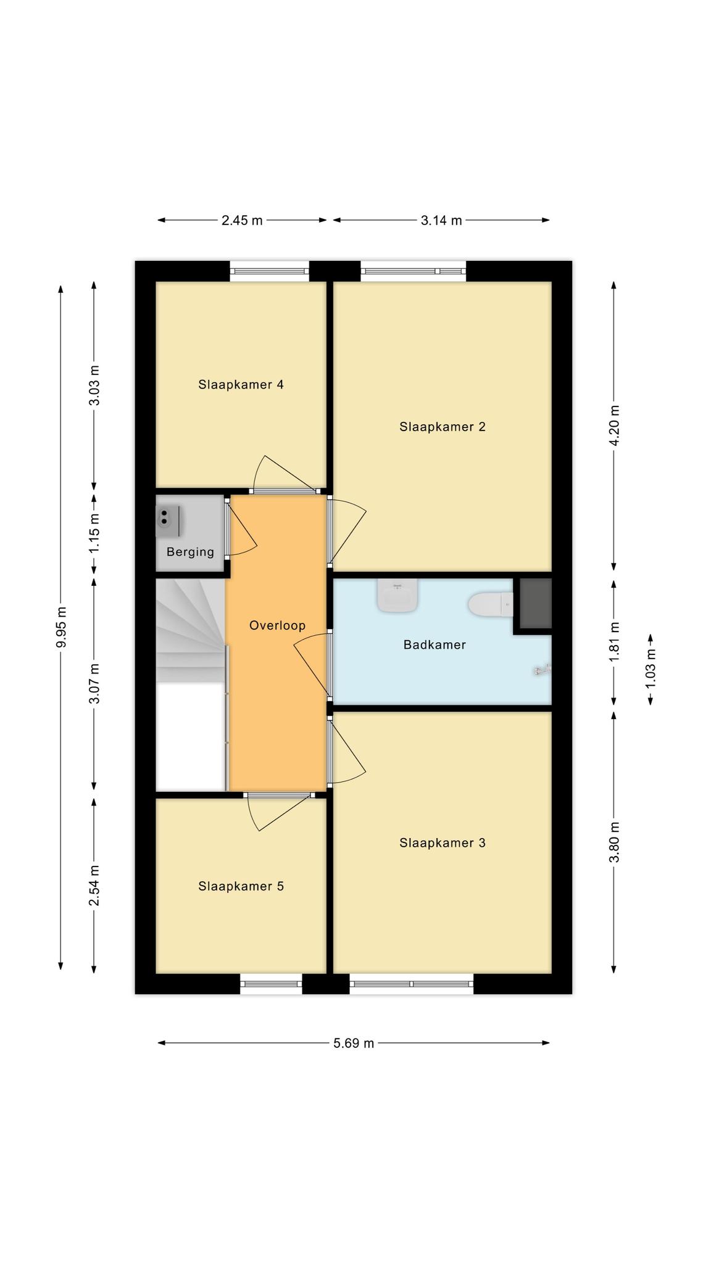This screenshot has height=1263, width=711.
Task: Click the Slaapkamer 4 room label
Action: [x=241, y=385]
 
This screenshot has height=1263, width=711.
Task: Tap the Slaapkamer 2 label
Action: [x=443, y=427]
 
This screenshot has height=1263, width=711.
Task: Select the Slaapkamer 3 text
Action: [x=443, y=843]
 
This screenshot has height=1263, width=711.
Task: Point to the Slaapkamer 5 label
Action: [x=241, y=886]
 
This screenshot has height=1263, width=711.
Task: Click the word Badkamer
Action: [x=434, y=645]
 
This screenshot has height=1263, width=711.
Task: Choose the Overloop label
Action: [x=277, y=625]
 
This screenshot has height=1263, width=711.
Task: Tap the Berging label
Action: [x=190, y=552]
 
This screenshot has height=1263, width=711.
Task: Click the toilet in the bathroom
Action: [x=491, y=604]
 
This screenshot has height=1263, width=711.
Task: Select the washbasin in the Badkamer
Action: [x=398, y=596]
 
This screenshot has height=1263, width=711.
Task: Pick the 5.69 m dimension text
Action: [x=354, y=1043]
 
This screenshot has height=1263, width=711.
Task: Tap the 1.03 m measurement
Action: [x=651, y=670]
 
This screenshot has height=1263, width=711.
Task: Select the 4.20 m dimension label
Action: [x=614, y=426]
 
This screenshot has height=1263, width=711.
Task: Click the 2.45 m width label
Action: [x=242, y=220]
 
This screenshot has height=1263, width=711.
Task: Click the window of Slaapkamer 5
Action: [x=271, y=984]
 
